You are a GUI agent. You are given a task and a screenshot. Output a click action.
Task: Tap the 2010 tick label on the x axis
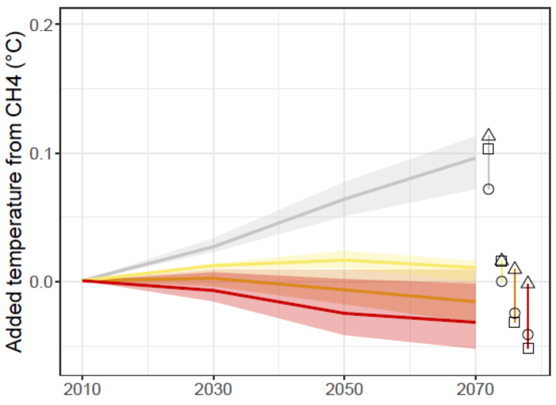pos(83,390)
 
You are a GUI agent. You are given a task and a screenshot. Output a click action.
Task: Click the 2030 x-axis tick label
pos(214,390)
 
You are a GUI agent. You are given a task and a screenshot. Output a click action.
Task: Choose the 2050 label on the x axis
pos(344,390)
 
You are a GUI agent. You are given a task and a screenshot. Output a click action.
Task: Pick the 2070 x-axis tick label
pos(475,390)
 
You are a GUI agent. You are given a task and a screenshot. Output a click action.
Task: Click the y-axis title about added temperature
pos(14,192)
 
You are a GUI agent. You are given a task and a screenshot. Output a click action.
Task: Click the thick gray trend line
pos(279,222)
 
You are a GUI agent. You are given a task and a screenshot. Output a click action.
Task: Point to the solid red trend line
pos(279,302)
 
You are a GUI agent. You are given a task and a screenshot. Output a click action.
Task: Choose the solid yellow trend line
pos(279,263)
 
